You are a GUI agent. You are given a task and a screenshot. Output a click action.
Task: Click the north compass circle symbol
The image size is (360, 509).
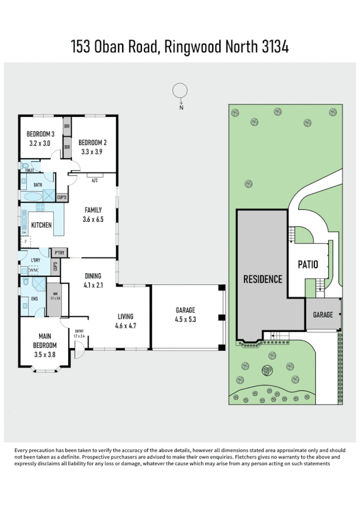180,91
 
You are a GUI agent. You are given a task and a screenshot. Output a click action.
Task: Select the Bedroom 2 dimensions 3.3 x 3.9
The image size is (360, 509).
93,152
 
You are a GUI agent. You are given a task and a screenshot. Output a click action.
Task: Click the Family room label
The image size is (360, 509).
93,210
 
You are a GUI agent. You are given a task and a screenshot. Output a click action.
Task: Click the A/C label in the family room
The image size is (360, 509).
95,180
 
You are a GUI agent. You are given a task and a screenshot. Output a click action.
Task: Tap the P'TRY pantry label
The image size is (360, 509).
59,253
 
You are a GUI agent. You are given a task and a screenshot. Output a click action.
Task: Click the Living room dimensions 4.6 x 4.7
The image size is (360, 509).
125,326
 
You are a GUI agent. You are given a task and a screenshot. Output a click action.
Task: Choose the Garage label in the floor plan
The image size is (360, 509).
186,310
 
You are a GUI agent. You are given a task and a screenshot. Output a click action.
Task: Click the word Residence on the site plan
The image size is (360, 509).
262,279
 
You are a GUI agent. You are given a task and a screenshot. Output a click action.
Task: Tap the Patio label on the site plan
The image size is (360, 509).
308,264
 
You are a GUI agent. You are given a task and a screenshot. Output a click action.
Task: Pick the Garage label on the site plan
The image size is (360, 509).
323,315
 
